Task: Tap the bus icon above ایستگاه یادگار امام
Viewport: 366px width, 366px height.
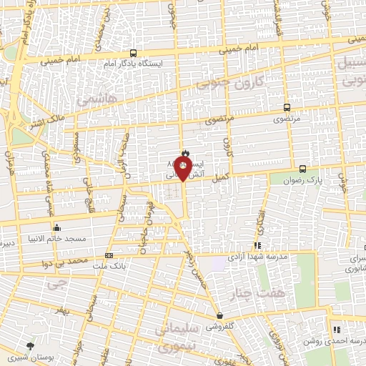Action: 133,53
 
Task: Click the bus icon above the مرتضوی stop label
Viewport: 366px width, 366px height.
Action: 287,107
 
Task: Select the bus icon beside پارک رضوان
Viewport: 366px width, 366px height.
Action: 303,169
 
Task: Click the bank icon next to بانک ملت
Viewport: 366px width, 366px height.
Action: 109,255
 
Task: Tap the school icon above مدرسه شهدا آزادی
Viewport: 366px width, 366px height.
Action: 257,245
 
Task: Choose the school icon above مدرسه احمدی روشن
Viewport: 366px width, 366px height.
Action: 335,330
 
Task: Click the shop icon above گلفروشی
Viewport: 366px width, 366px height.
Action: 219,315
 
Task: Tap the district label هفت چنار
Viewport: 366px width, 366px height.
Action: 269,292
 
